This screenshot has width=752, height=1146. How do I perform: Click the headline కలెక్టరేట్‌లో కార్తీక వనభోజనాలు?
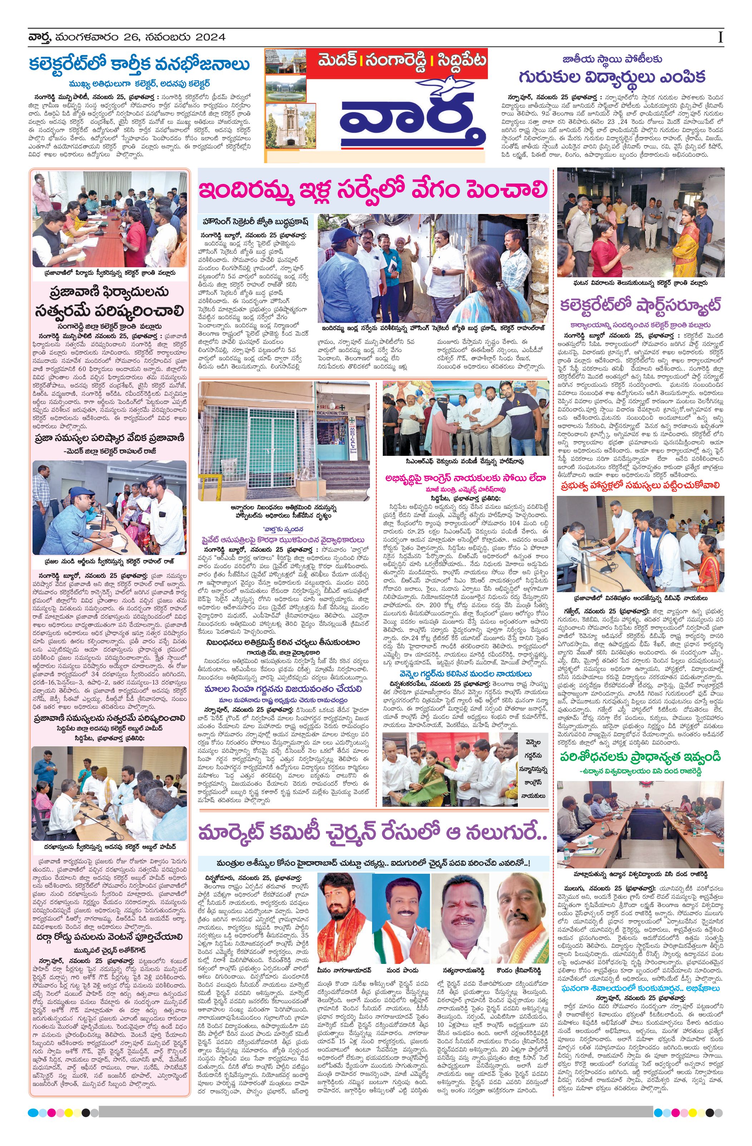139,64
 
